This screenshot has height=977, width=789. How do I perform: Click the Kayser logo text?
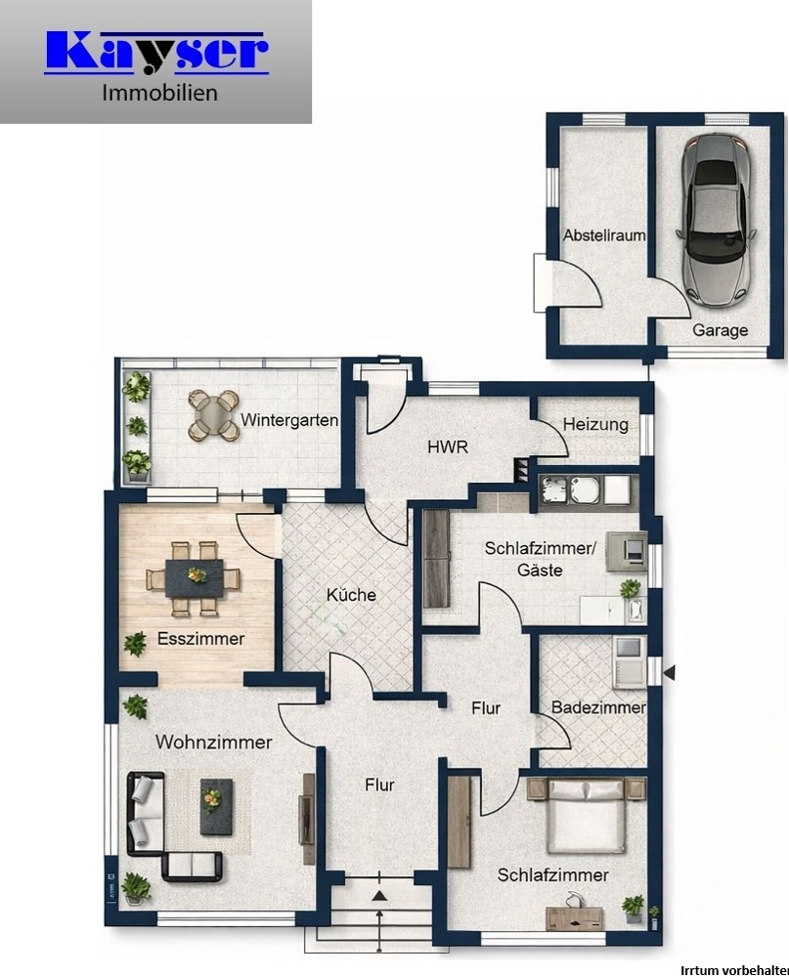tap(155, 53)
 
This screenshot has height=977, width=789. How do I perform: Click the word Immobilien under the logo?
tap(159, 95)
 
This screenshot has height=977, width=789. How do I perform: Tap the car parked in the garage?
tap(719, 217)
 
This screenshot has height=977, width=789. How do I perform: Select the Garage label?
tap(720, 330)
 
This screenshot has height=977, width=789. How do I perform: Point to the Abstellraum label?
tap(604, 235)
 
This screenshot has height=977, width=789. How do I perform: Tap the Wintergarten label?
tap(289, 421)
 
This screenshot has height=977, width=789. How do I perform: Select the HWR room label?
tap(448, 447)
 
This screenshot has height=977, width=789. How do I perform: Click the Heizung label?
tap(594, 425)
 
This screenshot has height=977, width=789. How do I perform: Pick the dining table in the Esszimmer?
tap(194, 578)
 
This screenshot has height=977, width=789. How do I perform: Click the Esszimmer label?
tap(200, 639)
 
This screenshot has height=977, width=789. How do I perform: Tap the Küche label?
tap(351, 595)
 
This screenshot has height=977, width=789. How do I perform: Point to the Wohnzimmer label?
tap(213, 743)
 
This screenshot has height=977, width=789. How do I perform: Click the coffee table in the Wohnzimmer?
tap(215, 805)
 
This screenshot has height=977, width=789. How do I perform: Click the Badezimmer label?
tap(597, 707)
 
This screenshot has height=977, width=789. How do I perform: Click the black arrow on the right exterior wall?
tap(669, 672)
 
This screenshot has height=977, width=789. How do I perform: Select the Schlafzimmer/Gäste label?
tap(539, 558)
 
